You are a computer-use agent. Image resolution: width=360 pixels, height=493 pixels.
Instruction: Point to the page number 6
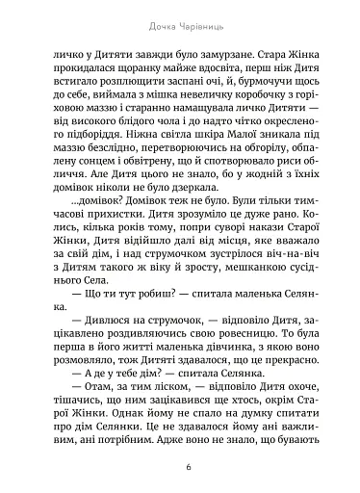pyautogui.click(x=179, y=467)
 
